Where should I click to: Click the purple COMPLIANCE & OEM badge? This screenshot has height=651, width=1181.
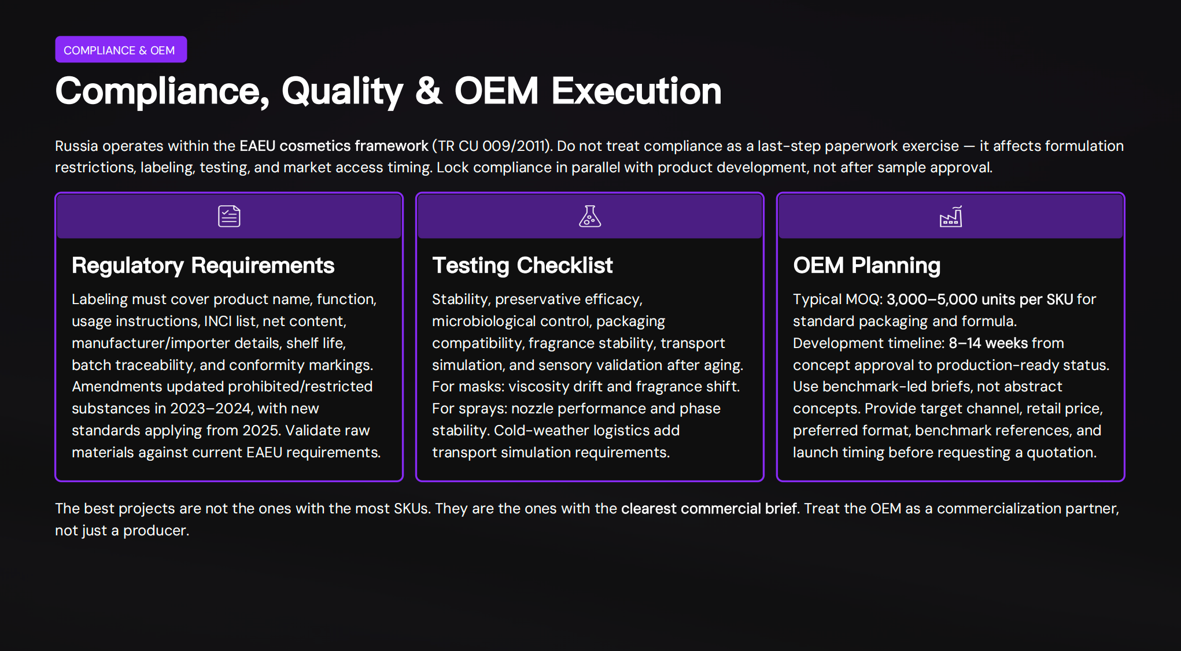(x=120, y=50)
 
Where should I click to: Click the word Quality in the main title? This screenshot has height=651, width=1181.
(x=342, y=91)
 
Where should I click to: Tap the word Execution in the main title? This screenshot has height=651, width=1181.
(x=636, y=91)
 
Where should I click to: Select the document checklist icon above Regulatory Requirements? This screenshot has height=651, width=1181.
(x=229, y=216)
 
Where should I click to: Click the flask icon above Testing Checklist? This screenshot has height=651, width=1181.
(x=589, y=216)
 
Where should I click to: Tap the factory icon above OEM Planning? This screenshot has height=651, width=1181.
(x=950, y=217)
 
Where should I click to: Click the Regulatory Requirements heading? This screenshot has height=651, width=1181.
(x=202, y=265)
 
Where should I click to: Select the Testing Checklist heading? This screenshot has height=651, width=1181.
(x=522, y=265)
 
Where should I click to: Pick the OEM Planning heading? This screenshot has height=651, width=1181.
(x=866, y=265)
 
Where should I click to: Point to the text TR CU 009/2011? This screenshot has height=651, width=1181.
(x=492, y=146)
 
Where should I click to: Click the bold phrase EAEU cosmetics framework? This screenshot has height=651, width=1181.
(x=334, y=146)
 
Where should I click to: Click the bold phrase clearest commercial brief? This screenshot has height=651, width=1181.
(x=709, y=509)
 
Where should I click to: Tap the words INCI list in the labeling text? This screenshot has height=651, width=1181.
(x=230, y=321)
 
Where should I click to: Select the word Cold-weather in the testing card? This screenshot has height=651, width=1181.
(x=541, y=431)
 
